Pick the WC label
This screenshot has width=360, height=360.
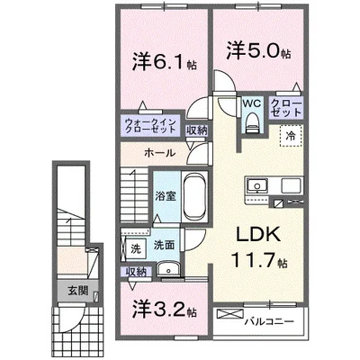click(x=250, y=104)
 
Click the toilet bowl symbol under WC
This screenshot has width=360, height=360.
click(x=251, y=124)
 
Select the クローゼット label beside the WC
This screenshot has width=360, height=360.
click(x=286, y=110)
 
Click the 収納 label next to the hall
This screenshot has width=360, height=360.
click(x=196, y=130)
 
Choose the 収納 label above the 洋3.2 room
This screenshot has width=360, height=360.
click(x=136, y=272)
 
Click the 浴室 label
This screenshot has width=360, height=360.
click(x=164, y=196)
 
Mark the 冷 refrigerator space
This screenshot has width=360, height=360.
click(x=292, y=135)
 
